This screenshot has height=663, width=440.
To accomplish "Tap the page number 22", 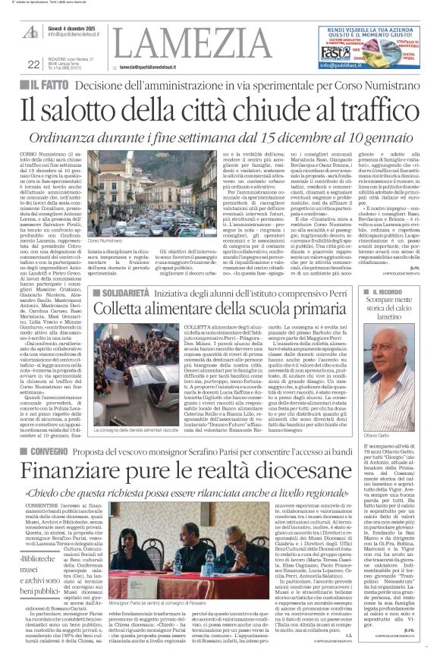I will pyautogui.click(x=33, y=64).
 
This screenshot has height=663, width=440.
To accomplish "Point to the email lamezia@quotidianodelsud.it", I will pyautogui.click(x=159, y=67).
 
